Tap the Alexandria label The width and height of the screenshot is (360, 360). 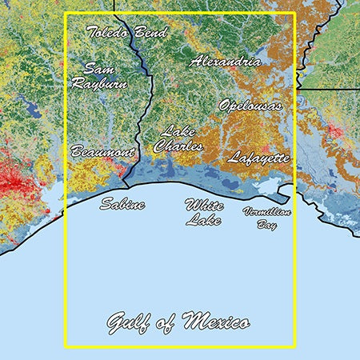click(225, 61)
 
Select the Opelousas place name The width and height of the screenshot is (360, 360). click(250, 105)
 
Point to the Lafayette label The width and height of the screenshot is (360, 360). click(258, 158)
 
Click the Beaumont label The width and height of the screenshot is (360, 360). click(102, 150)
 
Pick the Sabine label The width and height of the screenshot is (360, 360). click(122, 205)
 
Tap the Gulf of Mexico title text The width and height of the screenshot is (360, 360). click(178, 322)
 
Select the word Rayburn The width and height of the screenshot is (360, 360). click(98, 82)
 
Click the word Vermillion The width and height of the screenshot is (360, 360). click(266, 212)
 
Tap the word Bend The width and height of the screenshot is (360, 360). click(150, 33)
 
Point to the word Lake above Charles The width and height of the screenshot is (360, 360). click(175, 132)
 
